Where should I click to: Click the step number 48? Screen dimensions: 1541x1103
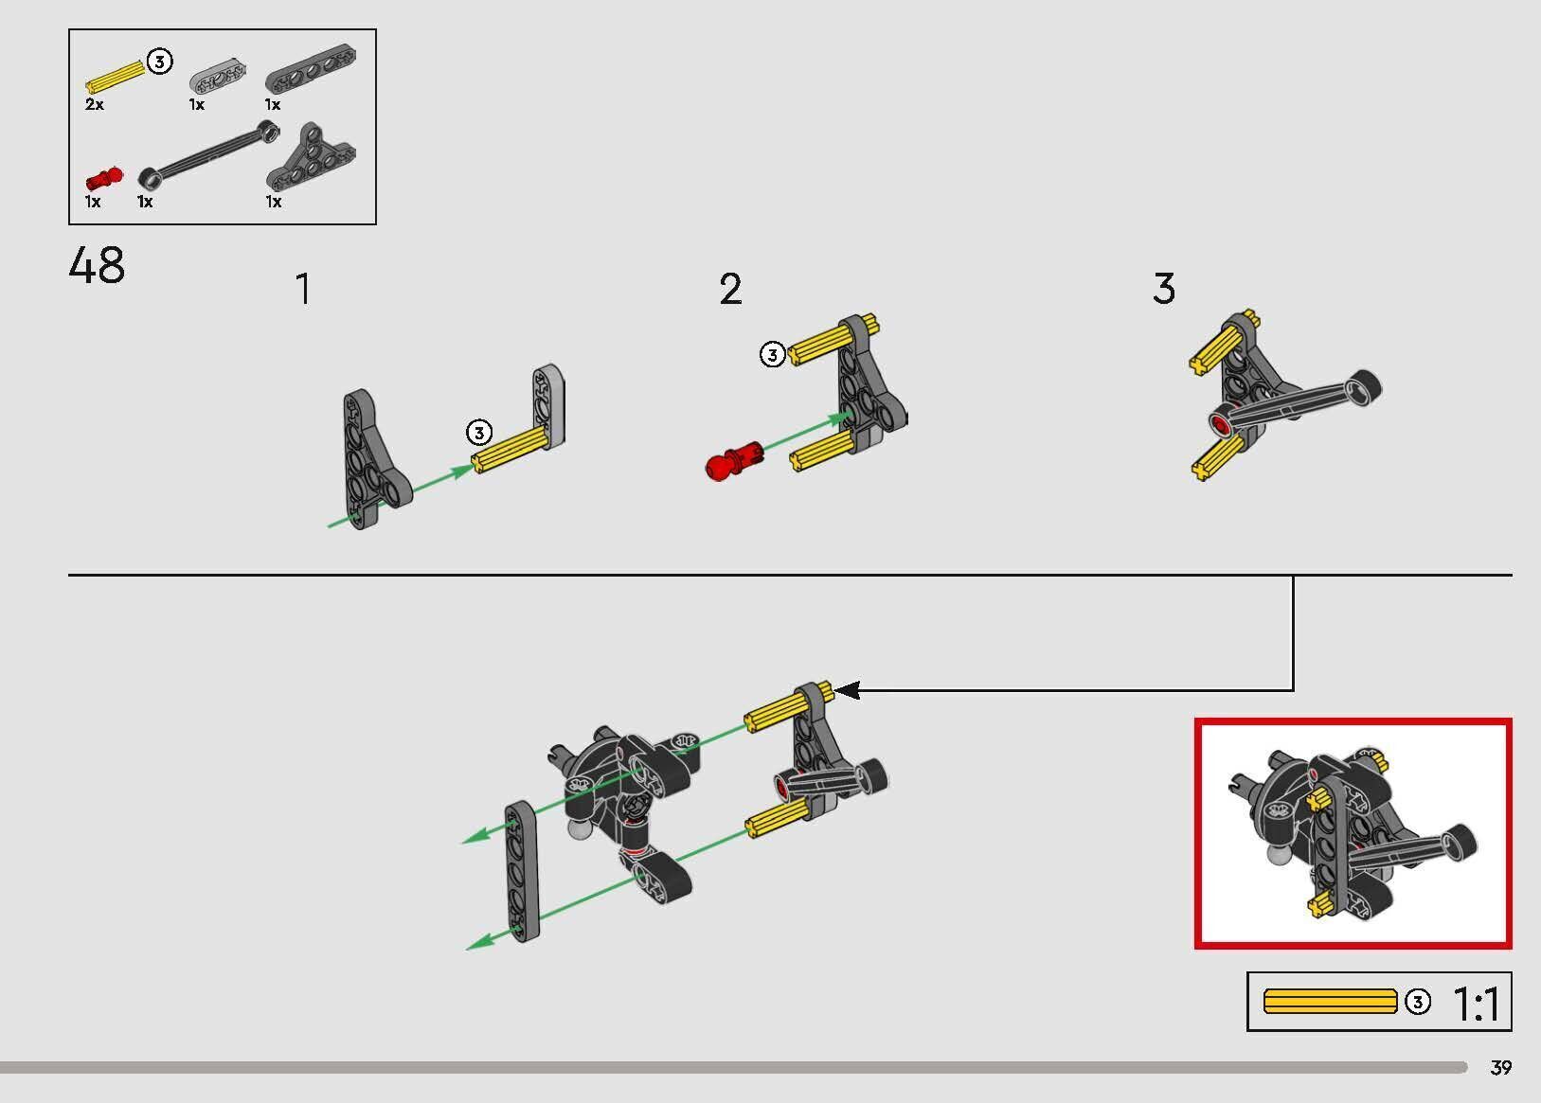click(97, 265)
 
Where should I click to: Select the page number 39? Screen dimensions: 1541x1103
click(1501, 1067)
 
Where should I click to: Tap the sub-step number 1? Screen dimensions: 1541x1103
click(303, 289)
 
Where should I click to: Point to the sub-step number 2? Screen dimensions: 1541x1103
click(730, 289)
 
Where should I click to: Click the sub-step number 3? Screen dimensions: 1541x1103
click(1164, 288)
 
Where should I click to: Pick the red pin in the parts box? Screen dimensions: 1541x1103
click(104, 179)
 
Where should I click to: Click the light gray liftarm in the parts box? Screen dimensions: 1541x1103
click(218, 76)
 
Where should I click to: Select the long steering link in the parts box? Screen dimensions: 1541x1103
click(209, 154)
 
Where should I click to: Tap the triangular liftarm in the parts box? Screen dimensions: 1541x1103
click(311, 159)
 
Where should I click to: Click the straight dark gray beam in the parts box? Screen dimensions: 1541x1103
click(311, 69)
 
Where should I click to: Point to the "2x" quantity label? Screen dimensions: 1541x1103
click(95, 104)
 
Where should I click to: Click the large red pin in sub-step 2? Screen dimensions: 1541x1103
click(734, 461)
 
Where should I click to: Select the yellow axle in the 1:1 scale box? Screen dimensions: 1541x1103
click(1331, 1002)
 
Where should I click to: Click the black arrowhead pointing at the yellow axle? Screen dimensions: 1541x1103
click(847, 689)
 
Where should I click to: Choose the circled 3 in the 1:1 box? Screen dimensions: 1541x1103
click(1417, 1002)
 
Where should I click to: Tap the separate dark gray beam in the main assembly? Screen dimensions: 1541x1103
click(522, 871)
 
